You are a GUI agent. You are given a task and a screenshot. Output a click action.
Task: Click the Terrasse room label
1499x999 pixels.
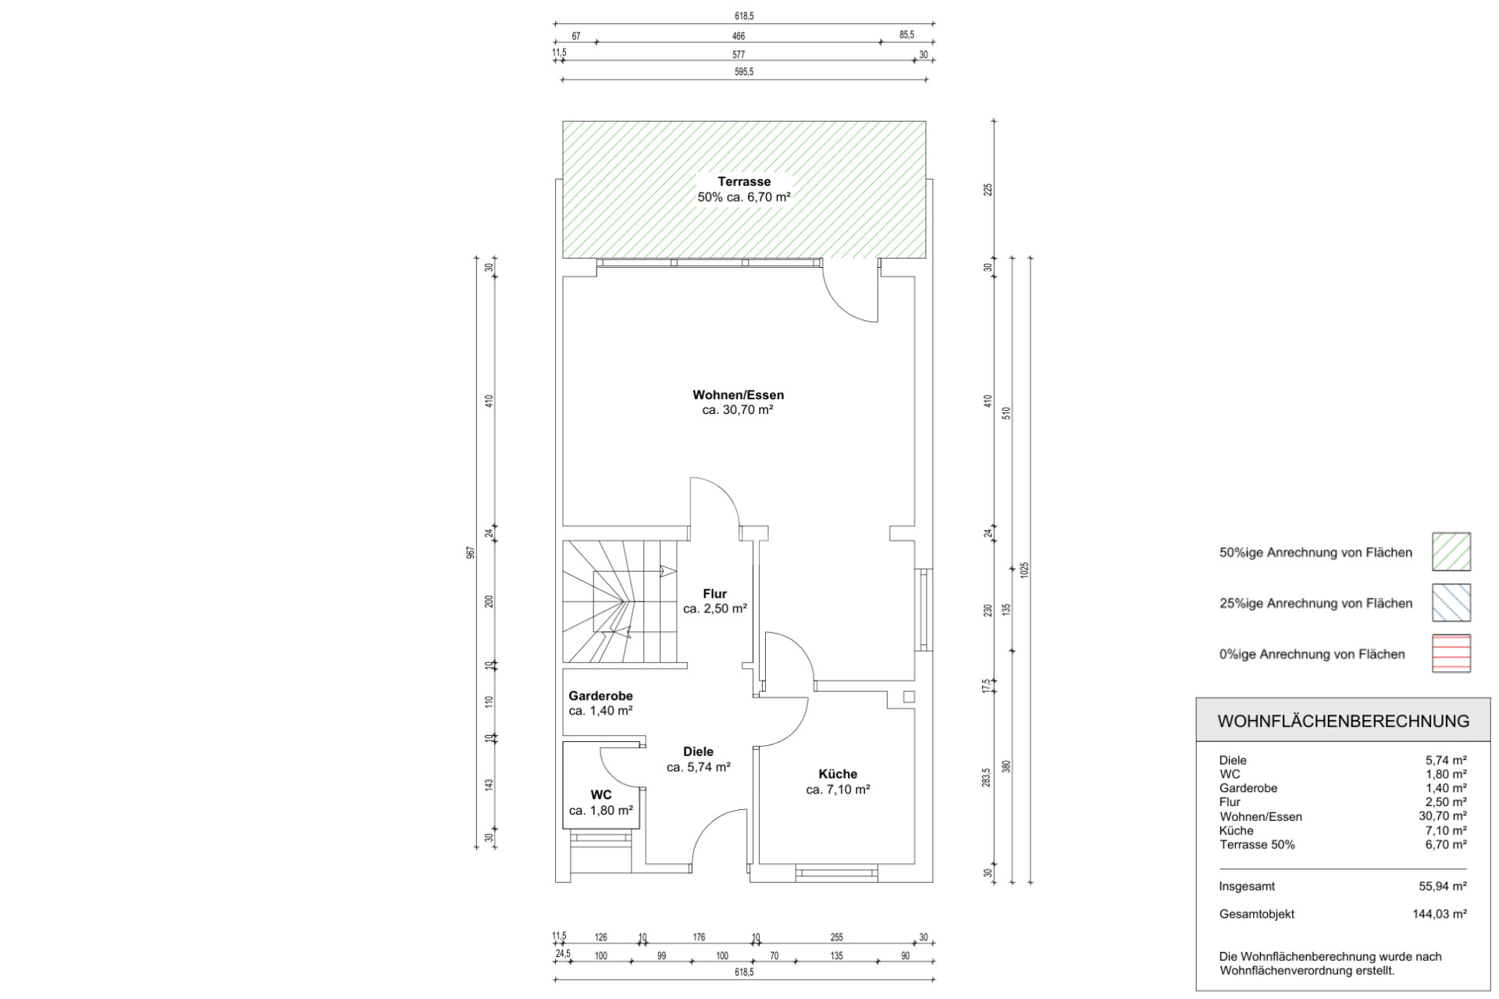(744, 182)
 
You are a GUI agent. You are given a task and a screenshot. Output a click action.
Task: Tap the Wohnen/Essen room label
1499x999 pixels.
(738, 395)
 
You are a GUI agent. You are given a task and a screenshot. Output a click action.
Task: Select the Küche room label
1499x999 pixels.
(838, 774)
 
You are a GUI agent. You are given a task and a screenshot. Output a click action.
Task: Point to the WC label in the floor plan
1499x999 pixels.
(601, 795)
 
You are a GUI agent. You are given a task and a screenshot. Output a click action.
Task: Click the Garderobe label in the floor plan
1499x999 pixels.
(600, 696)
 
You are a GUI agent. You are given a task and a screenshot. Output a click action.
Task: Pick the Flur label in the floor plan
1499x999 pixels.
(714, 594)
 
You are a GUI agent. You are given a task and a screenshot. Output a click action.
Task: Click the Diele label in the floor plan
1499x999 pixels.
(698, 752)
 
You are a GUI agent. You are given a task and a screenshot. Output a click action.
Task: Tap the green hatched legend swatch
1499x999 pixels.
(1451, 552)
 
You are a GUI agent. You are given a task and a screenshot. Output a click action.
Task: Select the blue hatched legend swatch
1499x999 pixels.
(1451, 603)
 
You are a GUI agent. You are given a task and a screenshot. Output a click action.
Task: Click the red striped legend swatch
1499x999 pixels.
(1451, 654)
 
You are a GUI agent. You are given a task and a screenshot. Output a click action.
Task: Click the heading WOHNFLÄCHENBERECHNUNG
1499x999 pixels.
(1343, 721)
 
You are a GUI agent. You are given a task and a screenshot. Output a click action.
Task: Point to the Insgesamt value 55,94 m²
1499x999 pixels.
(1443, 887)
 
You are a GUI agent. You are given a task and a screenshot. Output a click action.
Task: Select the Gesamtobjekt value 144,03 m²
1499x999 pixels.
(1440, 914)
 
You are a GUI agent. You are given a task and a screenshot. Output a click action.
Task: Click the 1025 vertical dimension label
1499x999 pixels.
(1025, 569)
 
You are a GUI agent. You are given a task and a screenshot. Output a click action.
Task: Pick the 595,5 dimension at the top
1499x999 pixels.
(744, 72)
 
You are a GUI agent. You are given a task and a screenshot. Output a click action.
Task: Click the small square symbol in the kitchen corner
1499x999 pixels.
(909, 697)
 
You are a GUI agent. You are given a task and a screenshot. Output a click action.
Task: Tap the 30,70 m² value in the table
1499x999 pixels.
(1443, 816)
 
